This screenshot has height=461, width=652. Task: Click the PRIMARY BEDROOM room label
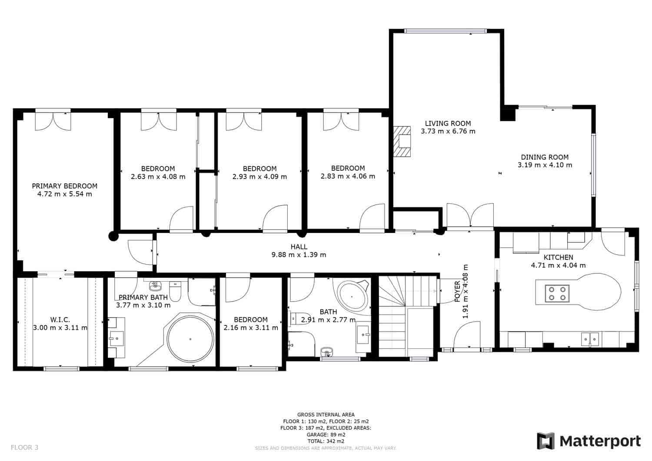click(65, 186)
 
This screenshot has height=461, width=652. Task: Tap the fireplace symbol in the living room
click(402, 142)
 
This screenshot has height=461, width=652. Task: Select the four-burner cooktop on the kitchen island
click(557, 294)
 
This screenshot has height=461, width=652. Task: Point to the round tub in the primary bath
click(190, 339)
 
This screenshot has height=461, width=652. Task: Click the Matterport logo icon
click(546, 441)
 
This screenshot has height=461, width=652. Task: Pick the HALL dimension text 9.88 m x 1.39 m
click(299, 255)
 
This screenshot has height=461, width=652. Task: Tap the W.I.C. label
click(60, 320)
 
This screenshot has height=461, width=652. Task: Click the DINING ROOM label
click(545, 157)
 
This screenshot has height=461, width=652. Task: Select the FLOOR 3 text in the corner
click(24, 448)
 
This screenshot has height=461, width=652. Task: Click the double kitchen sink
click(590, 339)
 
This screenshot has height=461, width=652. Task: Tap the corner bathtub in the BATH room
click(353, 297)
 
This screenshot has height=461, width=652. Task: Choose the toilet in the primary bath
click(175, 291)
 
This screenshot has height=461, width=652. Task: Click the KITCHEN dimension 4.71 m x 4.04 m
click(558, 265)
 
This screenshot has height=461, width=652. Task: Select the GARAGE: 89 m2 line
click(326, 434)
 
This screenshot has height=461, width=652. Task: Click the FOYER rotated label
click(457, 291)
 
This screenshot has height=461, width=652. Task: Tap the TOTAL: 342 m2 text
click(326, 441)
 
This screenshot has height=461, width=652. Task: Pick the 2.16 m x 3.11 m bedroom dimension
click(251, 328)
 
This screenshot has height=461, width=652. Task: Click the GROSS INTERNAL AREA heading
click(326, 415)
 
